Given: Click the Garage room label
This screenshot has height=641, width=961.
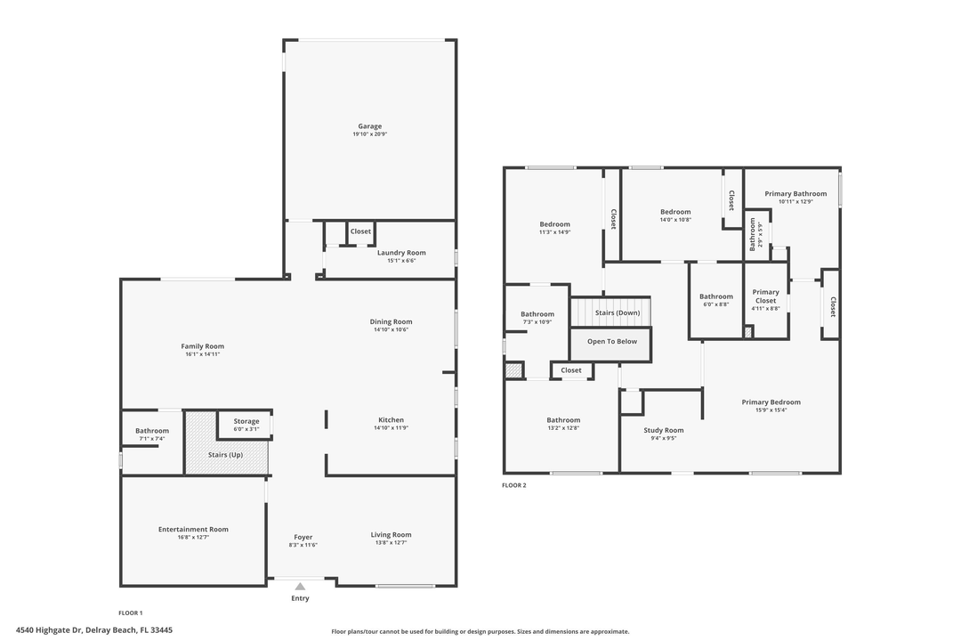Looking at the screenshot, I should pyautogui.click(x=369, y=126).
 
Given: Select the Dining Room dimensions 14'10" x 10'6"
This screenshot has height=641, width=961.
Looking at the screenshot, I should pyautogui.click(x=391, y=330).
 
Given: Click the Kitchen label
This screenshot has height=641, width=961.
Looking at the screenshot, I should pyautogui.click(x=391, y=420).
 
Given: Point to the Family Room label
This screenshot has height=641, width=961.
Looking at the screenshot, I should pyautogui.click(x=202, y=346).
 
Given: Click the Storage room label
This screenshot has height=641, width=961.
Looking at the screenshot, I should pyautogui.click(x=246, y=421).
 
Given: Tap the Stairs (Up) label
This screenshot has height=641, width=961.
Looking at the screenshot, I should pyautogui.click(x=225, y=455).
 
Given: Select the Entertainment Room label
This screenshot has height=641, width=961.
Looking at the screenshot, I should pyautogui.click(x=193, y=530).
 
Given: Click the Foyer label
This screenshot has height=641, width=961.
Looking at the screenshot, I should pyautogui.click(x=303, y=537).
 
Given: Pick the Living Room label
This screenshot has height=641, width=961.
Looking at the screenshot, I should pyautogui.click(x=391, y=535).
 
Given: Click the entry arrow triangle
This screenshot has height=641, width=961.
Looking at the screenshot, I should pyautogui.click(x=300, y=586).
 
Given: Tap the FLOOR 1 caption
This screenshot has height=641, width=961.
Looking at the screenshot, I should pyautogui.click(x=131, y=613).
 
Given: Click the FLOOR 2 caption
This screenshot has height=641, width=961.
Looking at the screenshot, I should pyautogui.click(x=514, y=485).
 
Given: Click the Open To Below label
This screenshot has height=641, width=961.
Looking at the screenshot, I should pyautogui.click(x=611, y=342).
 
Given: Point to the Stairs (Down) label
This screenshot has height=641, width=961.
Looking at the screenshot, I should pyautogui.click(x=618, y=313).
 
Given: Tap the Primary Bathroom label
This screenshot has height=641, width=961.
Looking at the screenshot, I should pyautogui.click(x=795, y=193).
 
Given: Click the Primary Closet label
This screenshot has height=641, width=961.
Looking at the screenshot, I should pyautogui.click(x=765, y=296).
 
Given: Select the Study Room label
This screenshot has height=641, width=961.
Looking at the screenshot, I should pyautogui.click(x=664, y=430).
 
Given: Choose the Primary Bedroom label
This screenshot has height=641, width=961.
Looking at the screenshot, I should pyautogui.click(x=771, y=402).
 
